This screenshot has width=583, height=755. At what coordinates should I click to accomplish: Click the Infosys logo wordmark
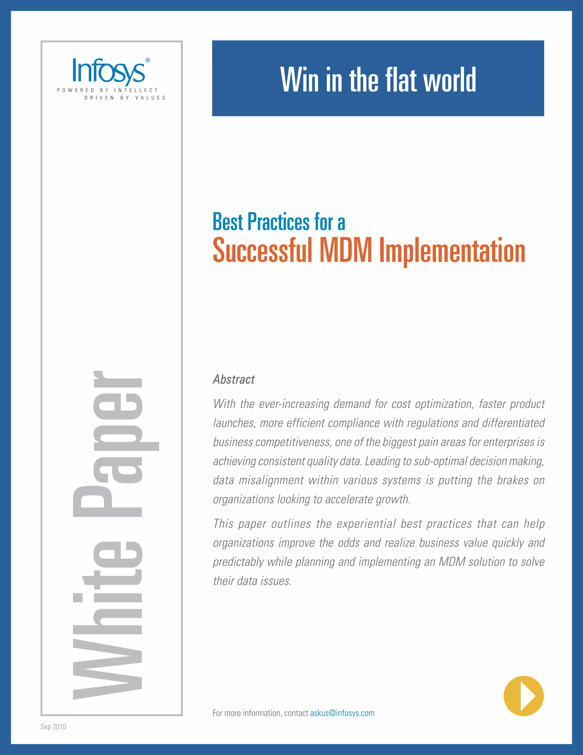pos(108,71)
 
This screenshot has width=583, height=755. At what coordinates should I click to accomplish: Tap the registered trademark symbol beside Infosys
pos(148,60)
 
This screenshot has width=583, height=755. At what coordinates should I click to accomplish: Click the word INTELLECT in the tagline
pos(136,90)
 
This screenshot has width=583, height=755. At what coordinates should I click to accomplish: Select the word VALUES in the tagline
pos(150,98)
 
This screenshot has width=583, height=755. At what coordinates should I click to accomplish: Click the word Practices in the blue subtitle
pos(278,222)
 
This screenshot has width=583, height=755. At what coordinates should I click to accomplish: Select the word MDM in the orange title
pos(346,250)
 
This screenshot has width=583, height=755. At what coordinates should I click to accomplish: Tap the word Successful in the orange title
pos(262,250)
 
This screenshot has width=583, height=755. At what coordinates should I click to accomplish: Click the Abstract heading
pos(234,379)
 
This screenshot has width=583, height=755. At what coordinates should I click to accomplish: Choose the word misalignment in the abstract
pos(271,480)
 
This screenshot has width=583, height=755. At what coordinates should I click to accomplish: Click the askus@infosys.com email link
pos(342,713)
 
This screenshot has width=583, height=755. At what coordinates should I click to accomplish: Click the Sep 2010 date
pos(53,727)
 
